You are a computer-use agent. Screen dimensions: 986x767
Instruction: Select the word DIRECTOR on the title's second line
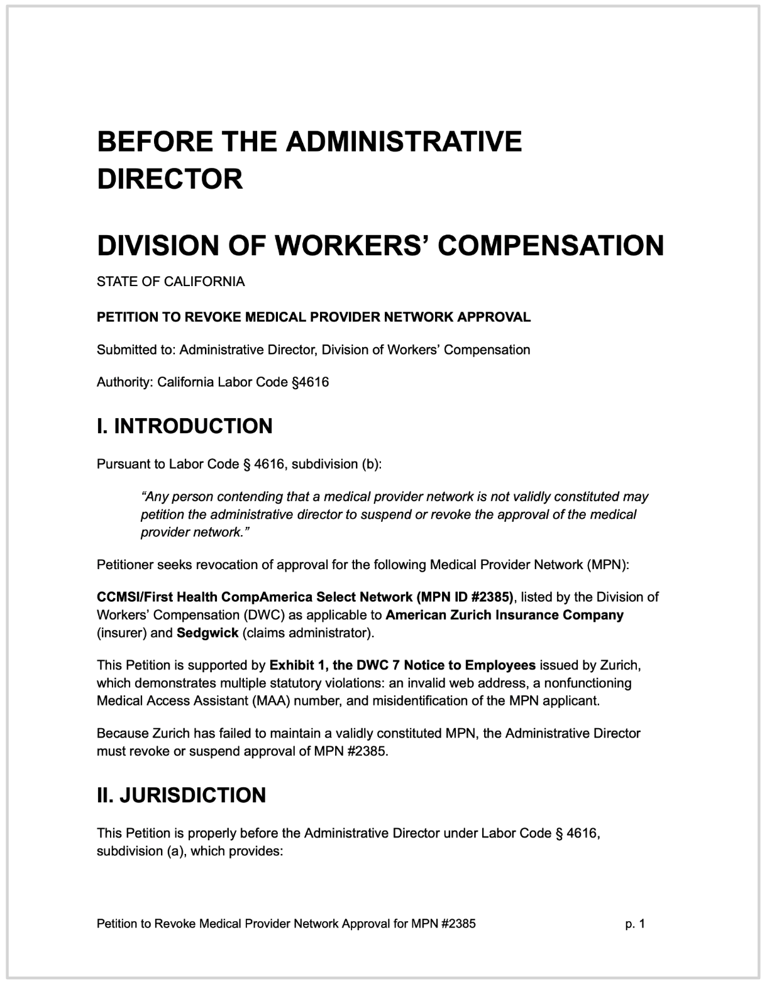[170, 179]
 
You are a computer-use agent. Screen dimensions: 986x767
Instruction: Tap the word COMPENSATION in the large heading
[551, 245]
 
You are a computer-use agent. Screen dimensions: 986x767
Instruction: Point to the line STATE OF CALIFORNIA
[170, 282]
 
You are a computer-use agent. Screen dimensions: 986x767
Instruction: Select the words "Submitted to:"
[136, 350]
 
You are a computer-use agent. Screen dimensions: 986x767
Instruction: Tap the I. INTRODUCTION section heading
[184, 426]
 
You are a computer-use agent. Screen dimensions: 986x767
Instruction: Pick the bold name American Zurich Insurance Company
[504, 615]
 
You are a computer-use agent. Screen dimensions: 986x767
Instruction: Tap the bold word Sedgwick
[207, 633]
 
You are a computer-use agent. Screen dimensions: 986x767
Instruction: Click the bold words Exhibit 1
[293, 665]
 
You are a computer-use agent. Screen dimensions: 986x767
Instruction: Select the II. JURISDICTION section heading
[181, 795]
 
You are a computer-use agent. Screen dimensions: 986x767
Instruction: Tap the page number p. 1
[635, 924]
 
